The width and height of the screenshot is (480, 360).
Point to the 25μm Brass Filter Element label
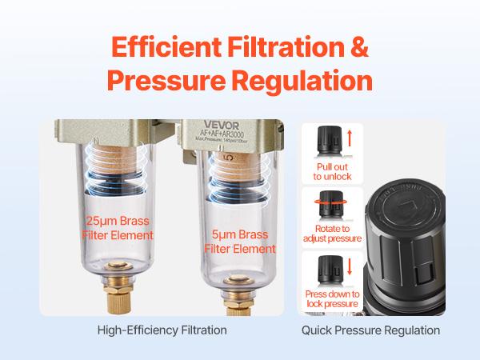click(x=117, y=227)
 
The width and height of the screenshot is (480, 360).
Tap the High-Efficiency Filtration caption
click(x=162, y=329)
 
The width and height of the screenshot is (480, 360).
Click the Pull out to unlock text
click(x=327, y=171)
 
